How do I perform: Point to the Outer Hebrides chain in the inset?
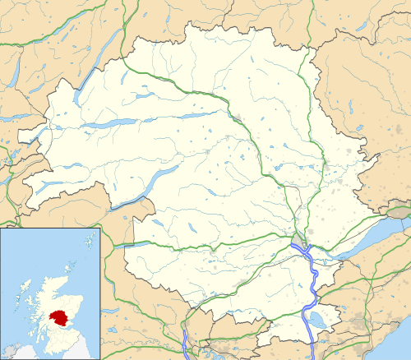coord(18,289)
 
